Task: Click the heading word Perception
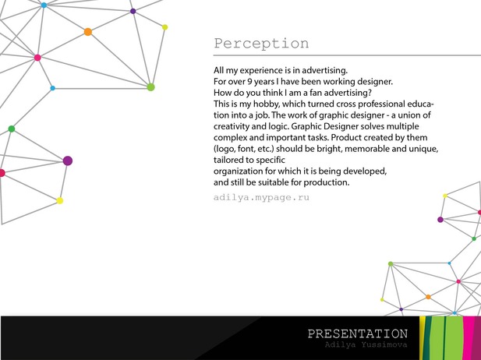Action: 261,44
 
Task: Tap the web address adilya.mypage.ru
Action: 261,197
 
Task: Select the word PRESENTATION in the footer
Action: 358,334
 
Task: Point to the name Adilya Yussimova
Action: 366,344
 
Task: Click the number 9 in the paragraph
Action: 249,82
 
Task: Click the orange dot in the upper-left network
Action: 88,32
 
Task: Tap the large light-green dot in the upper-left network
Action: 150,87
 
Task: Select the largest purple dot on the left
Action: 68,161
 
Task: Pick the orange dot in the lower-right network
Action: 428,297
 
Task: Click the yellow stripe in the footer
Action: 422,338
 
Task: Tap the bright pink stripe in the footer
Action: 469,338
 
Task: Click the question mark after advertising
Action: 370,93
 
